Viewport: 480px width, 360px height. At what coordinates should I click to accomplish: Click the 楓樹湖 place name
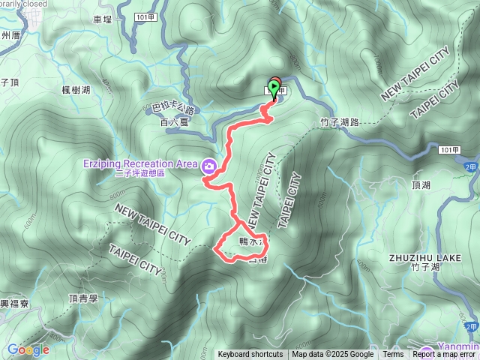tap(76, 89)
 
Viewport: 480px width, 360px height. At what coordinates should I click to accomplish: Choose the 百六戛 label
tap(172, 120)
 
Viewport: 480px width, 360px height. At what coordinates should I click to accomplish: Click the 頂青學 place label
tap(83, 298)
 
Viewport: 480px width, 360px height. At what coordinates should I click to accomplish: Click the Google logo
tap(28, 349)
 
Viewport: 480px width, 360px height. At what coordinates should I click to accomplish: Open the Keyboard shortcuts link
tap(250, 355)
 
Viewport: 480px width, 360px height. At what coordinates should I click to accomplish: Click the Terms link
tap(393, 355)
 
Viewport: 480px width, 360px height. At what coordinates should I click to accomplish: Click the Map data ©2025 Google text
tap(333, 355)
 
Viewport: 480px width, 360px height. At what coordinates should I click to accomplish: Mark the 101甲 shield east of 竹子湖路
tap(448, 150)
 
